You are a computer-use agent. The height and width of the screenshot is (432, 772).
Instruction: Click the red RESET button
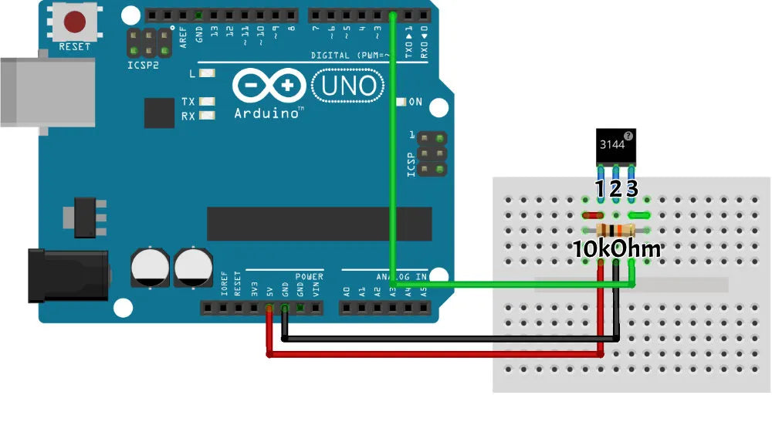tap(75, 22)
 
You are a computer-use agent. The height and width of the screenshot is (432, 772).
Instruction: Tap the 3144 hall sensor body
tap(616, 146)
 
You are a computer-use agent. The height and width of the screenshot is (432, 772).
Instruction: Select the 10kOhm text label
tap(616, 249)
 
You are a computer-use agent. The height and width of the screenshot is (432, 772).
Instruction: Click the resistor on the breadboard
tap(616, 230)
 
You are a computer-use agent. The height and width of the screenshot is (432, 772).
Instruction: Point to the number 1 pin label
tap(601, 188)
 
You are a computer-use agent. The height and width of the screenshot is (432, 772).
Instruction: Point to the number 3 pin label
tap(632, 188)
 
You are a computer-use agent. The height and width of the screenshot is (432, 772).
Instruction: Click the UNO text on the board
tap(348, 86)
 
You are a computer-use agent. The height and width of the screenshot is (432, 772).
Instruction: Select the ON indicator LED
tap(401, 102)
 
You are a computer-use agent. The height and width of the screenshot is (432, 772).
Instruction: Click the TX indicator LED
tap(206, 102)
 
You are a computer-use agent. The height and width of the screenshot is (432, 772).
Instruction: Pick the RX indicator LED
tap(206, 116)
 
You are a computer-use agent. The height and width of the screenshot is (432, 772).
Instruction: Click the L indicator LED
tap(206, 74)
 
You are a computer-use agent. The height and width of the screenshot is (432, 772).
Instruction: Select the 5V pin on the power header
tap(269, 309)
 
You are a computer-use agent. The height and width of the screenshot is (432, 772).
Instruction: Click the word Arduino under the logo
tap(267, 113)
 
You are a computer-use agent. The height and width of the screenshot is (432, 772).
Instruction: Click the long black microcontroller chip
tap(318, 224)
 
